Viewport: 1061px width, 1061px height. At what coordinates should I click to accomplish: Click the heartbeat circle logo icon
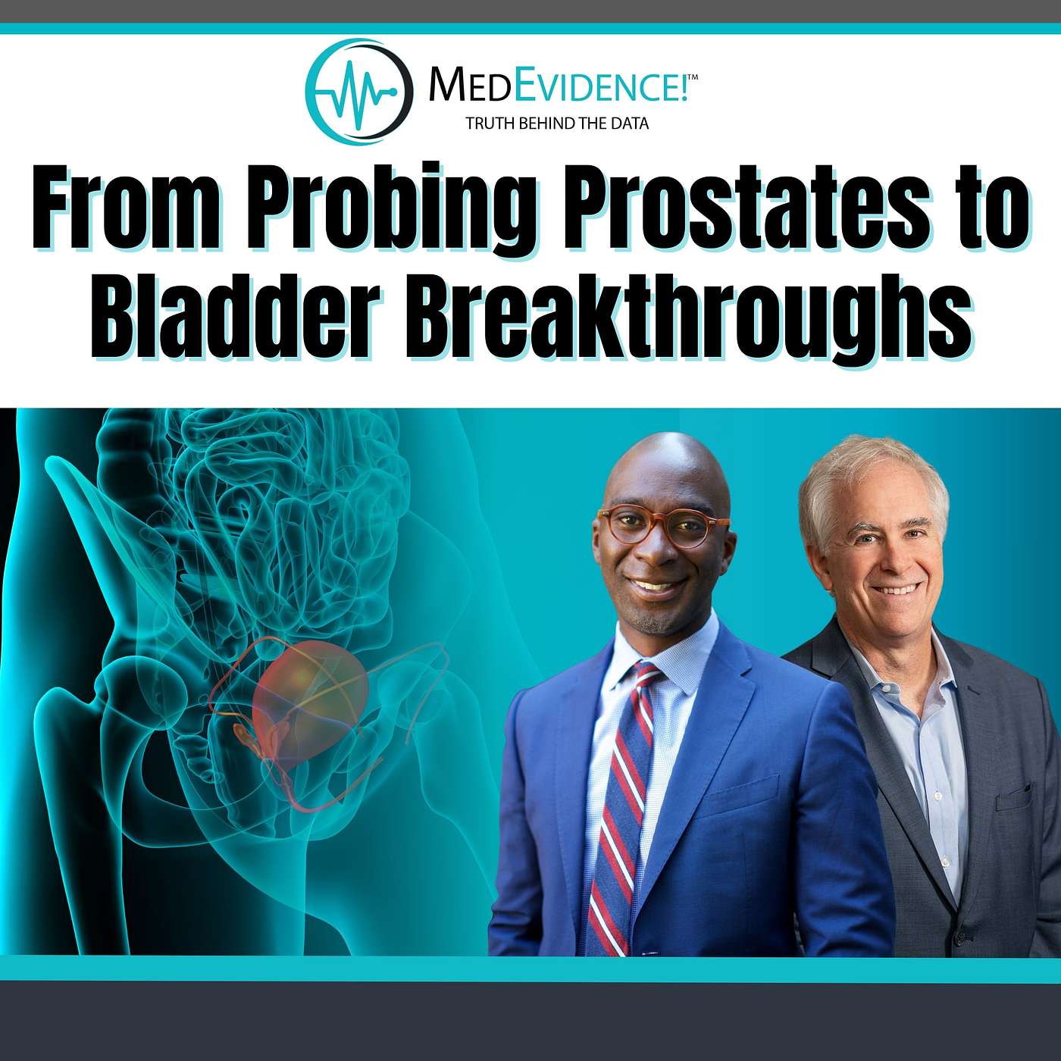tap(359, 92)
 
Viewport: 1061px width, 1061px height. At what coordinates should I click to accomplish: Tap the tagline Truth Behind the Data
tap(557, 124)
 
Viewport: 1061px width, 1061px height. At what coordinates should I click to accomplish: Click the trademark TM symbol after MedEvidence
tap(693, 78)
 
